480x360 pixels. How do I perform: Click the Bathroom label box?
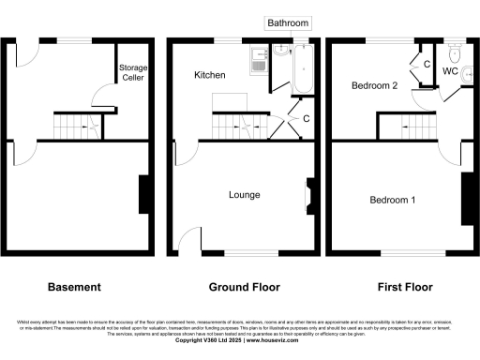coord(288,22)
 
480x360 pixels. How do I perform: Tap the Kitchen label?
coord(209,74)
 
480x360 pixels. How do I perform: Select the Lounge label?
coord(244,195)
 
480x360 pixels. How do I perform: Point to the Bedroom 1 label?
coord(393,201)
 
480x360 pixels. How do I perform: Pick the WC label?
coord(449,71)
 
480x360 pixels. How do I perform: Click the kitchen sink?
coord(258,62)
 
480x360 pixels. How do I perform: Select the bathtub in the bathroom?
coord(302,70)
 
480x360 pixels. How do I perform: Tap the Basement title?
coord(74,286)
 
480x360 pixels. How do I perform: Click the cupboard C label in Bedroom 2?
coord(426,65)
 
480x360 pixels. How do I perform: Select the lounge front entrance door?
coord(191,241)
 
